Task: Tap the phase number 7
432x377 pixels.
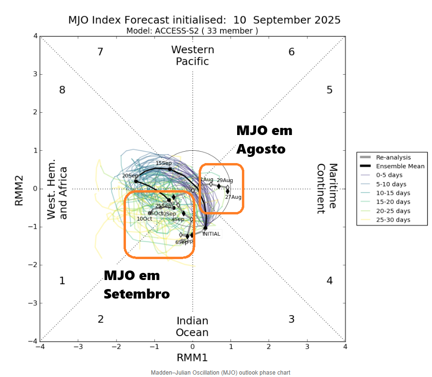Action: click(x=100, y=52)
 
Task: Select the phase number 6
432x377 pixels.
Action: click(x=292, y=52)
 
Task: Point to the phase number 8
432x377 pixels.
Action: click(x=62, y=90)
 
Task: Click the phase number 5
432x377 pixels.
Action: click(x=329, y=90)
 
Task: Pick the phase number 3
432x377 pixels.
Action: click(x=292, y=319)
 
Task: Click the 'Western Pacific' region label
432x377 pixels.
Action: click(x=192, y=55)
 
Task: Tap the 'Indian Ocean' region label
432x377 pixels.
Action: click(x=192, y=326)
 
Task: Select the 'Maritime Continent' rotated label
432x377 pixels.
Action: click(x=327, y=186)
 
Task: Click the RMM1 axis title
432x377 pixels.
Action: click(x=192, y=357)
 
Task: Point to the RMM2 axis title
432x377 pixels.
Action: click(x=19, y=189)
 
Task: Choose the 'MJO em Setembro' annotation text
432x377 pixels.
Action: click(x=136, y=285)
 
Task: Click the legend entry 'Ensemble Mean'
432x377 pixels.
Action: click(x=400, y=166)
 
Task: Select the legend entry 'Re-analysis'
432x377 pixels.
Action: click(x=393, y=157)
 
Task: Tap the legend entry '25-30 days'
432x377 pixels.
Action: click(x=393, y=220)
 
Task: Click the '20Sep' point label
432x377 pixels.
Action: click(x=129, y=176)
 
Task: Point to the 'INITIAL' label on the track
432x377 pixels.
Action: click(x=211, y=234)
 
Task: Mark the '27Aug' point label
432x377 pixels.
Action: click(x=233, y=197)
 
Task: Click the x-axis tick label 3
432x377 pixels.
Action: click(x=307, y=347)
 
